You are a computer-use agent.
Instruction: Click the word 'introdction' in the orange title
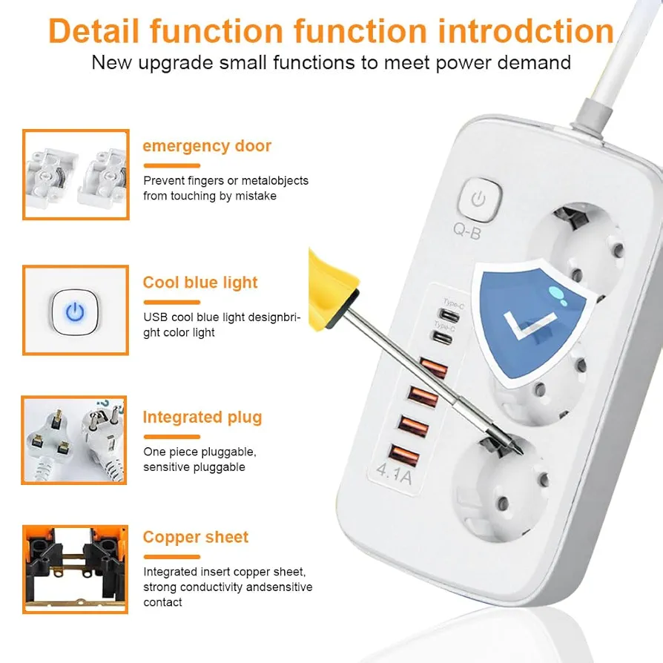526,31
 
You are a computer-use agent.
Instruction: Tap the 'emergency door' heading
207,146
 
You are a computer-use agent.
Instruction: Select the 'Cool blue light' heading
200,283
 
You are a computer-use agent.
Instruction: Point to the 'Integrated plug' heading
202,418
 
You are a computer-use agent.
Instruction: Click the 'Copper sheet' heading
195,537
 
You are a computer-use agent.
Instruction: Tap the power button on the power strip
479,200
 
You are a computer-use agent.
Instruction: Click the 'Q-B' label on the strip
467,231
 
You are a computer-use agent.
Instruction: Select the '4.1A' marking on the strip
394,474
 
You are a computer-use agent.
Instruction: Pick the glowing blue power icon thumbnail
75,312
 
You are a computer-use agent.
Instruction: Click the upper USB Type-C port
449,315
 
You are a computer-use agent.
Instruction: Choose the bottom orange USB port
403,455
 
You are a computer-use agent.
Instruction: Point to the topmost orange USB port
434,367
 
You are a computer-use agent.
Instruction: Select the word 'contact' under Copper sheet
162,602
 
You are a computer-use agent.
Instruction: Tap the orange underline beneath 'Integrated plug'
171,437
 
